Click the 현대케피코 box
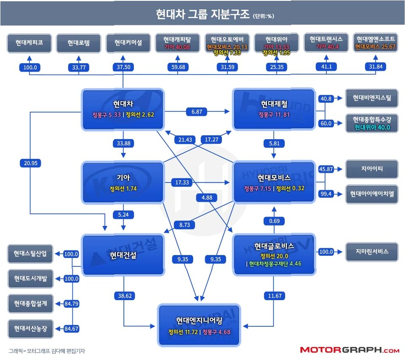(29, 43)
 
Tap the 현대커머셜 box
(128, 43)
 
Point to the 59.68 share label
(178, 66)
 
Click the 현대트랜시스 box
(326, 43)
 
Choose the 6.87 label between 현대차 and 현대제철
(197, 111)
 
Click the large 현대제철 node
(274, 109)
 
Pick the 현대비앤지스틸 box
(371, 98)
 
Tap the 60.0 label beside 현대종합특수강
(326, 123)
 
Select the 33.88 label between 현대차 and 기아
(123, 143)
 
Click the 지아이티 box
(371, 169)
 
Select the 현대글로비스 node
(274, 253)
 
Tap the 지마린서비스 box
(371, 252)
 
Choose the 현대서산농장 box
(30, 328)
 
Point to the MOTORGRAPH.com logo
(350, 350)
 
